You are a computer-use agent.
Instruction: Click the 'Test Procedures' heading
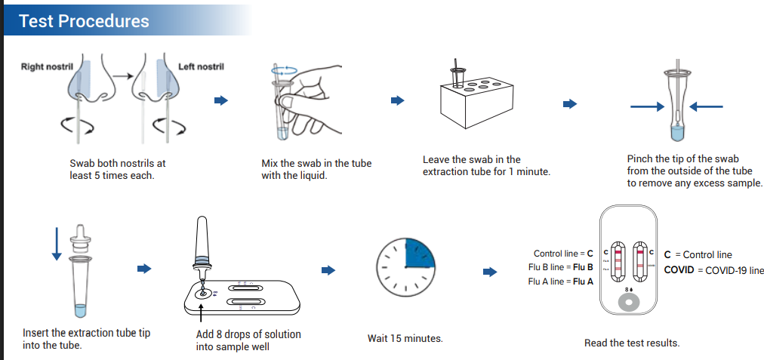pos(84,20)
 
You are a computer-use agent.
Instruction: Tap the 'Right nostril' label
pos(47,67)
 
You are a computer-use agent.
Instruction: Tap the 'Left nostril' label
pos(201,67)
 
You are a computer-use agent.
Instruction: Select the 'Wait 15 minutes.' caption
pos(405,339)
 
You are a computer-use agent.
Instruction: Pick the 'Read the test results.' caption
pos(632,343)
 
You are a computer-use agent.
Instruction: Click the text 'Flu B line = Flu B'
pos(561,267)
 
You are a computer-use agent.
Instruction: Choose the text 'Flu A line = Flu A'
pos(561,282)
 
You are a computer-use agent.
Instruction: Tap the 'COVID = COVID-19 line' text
pos(713,270)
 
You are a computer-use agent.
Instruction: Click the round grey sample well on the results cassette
pos(628,303)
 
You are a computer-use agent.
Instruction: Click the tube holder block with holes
pos(470,98)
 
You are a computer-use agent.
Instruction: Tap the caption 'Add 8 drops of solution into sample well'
pos(248,340)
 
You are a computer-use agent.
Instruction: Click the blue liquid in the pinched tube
pos(677,132)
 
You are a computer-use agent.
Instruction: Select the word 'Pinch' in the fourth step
pos(639,159)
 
